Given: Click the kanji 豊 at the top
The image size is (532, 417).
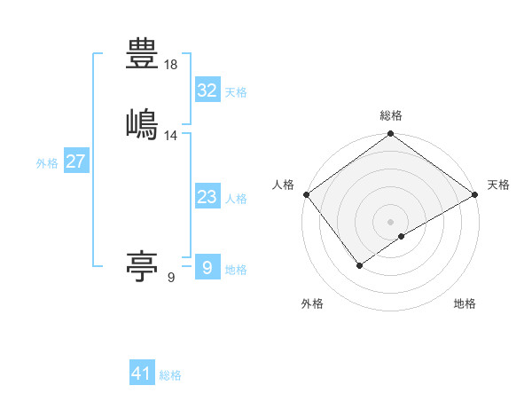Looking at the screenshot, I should (x=143, y=54).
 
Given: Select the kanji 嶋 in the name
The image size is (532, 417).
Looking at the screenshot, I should (x=143, y=122).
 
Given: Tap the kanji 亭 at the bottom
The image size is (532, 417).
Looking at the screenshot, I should (x=143, y=266).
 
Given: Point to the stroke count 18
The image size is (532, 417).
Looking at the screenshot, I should (x=171, y=66).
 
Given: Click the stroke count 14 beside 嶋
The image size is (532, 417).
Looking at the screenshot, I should (x=171, y=136).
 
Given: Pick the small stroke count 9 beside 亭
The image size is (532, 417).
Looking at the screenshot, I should (x=170, y=278).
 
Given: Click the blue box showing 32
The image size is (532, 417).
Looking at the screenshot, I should (x=207, y=90).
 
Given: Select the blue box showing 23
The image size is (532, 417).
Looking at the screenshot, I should (x=207, y=197).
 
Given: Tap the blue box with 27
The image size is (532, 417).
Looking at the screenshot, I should (x=75, y=161).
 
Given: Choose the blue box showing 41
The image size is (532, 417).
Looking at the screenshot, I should (x=142, y=374).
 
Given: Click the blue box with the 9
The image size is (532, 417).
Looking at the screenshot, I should (x=207, y=268).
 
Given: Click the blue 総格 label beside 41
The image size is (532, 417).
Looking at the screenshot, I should (x=170, y=375).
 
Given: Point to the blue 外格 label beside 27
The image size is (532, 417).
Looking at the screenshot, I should (x=47, y=163).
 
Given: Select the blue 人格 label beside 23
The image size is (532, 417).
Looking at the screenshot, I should (x=236, y=199).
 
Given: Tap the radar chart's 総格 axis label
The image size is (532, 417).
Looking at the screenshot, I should (x=391, y=115).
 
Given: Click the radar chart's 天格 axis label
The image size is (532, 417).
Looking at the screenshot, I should (x=498, y=185).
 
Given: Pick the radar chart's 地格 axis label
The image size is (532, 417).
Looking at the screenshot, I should (x=465, y=303).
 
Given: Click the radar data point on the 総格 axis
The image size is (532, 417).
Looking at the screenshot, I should (x=391, y=135).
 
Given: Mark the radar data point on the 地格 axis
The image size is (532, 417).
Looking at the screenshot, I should (x=402, y=236).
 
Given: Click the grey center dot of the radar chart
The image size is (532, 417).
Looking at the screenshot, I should (x=391, y=221).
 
